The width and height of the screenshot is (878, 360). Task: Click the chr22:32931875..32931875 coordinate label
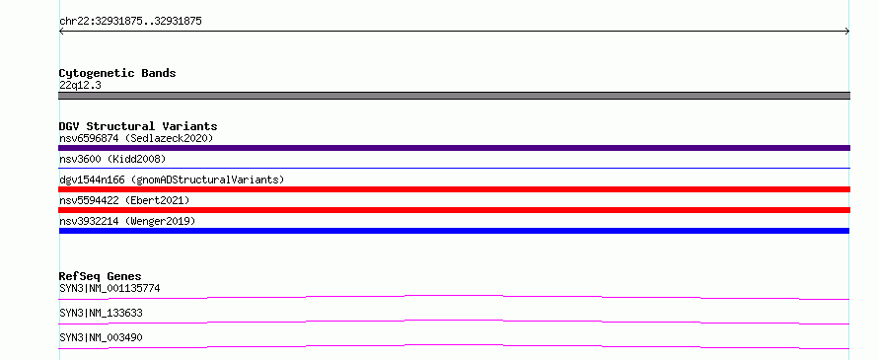(x=130, y=22)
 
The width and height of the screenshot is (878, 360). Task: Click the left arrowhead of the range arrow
(x=61, y=32)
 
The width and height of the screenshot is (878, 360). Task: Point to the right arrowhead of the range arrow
(x=846, y=32)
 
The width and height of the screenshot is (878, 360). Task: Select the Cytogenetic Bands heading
(x=117, y=73)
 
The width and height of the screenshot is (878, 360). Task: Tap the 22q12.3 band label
(x=80, y=86)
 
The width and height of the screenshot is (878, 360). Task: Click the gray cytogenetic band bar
(x=454, y=96)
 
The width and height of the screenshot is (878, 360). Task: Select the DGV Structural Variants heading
(x=138, y=126)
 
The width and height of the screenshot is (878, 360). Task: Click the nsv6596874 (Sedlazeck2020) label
(x=136, y=138)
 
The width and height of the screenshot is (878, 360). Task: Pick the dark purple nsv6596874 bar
(x=454, y=148)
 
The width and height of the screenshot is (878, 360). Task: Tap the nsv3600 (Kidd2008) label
(x=112, y=159)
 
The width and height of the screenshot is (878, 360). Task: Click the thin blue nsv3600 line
(x=454, y=168)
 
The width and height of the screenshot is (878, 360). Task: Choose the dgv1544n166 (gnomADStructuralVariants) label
(x=172, y=180)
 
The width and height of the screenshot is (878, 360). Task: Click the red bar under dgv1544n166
(x=454, y=189)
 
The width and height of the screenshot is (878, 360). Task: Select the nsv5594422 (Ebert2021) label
(x=124, y=200)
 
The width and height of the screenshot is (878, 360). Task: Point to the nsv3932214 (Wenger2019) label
(x=127, y=221)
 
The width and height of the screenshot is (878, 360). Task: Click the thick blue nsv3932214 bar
(x=454, y=231)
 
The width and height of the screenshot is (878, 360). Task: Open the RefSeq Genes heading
(x=100, y=276)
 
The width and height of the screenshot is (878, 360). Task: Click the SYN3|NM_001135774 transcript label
(x=110, y=288)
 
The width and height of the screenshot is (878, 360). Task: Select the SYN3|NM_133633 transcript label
(x=101, y=313)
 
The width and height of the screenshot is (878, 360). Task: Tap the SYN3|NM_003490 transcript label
(x=101, y=337)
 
